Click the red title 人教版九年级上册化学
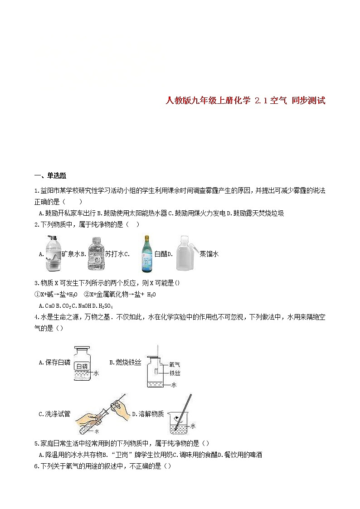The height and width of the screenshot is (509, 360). pyautogui.click(x=208, y=101)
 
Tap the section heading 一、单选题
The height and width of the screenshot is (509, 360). pyautogui.click(x=50, y=176)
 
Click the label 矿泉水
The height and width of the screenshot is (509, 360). pyautogui.click(x=73, y=254)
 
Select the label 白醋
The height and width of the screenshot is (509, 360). pyautogui.click(x=160, y=254)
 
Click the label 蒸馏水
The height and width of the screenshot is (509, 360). pyautogui.click(x=209, y=254)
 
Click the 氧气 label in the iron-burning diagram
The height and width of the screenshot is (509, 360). pyautogui.click(x=175, y=364)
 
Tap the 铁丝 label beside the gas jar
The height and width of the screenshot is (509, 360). pyautogui.click(x=175, y=373)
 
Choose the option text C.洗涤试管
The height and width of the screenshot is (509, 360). pyautogui.click(x=54, y=414)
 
